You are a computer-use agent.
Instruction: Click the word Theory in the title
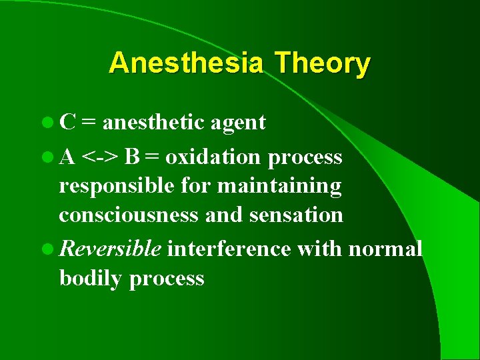[322, 63]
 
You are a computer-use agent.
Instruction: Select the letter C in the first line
[67, 122]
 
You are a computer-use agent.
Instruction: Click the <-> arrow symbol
[101, 157]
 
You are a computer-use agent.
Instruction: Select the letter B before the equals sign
[132, 157]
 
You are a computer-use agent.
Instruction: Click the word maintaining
[279, 187]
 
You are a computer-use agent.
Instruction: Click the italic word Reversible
[110, 249]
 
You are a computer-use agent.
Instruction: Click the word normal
[385, 249]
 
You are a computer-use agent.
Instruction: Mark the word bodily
[91, 279]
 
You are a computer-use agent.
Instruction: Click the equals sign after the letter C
[89, 123]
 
